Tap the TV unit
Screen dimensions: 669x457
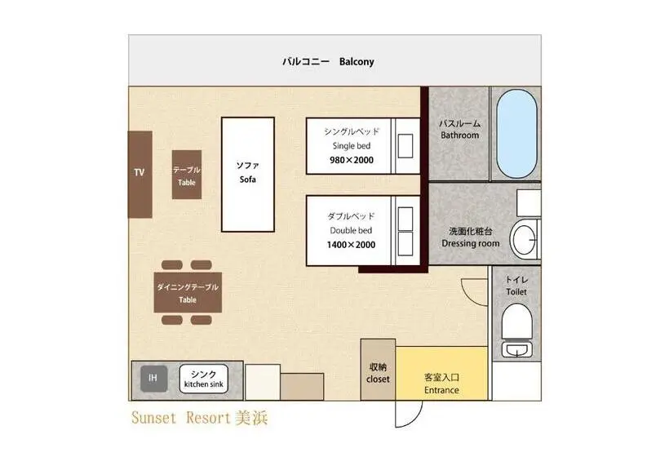[x=140, y=175]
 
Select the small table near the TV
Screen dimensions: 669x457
[x=187, y=175]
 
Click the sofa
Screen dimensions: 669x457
[x=248, y=175]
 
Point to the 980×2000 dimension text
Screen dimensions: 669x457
[x=352, y=160]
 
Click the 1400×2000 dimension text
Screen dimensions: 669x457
[x=351, y=245]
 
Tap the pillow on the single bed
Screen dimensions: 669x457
[x=405, y=146]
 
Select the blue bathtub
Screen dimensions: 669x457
[x=516, y=134]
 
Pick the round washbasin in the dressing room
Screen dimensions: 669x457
[x=525, y=240]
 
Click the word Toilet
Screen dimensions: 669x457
[x=516, y=292]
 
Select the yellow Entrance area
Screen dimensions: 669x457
[x=441, y=374]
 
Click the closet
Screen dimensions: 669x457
[x=378, y=370]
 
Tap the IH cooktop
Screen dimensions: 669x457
[x=154, y=379]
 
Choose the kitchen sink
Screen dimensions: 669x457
[x=203, y=379]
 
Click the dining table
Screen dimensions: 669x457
[x=188, y=293]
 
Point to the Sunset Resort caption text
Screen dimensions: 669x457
[x=200, y=418]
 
